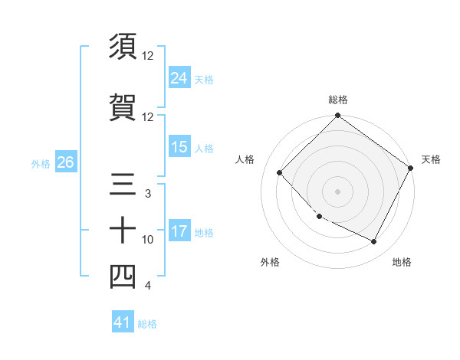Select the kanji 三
pos(122,185)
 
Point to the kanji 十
pos(122,231)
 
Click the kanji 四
pos(122,277)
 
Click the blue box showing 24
pos(179,77)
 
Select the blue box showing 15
pos(179,147)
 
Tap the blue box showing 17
pos(179,231)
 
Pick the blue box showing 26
pos(65,162)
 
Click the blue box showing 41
pos(123,322)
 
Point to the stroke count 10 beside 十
pos(148,240)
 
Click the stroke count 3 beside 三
pos(148,194)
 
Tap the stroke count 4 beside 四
pos(148,286)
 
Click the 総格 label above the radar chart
pos(338,100)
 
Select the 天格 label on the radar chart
pos(431,159)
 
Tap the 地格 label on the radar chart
pos(402,262)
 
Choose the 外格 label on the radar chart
pos(270,262)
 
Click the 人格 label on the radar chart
pos(245,159)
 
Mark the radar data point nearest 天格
pos(411,168)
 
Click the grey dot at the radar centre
pos(337,191)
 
